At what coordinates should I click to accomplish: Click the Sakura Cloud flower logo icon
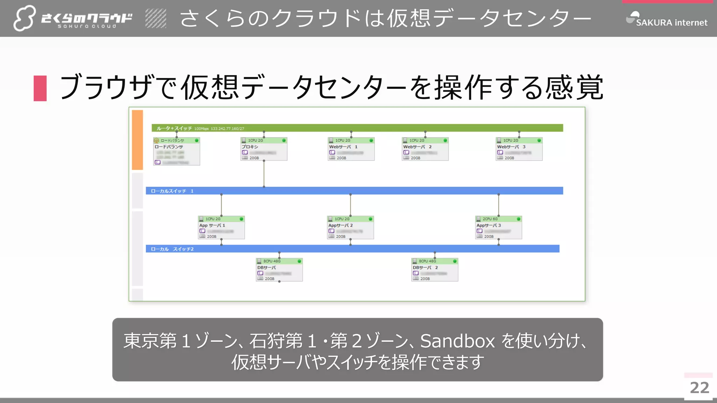pos(24,18)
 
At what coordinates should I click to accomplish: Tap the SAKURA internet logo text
pos(671,23)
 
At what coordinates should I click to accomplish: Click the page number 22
pos(699,388)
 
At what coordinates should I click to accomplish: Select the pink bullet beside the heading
pos(40,89)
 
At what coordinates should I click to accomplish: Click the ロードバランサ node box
pos(176,151)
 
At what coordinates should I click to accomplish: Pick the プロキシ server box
pos(264,149)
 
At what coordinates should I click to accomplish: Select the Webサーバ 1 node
pos(351,149)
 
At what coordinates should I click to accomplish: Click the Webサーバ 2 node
pos(425,149)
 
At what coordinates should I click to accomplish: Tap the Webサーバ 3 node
pos(519,149)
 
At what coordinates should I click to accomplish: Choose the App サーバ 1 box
pos(221,227)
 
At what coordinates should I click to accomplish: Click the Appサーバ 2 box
pos(350,227)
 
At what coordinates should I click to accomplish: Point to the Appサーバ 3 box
pos(498,227)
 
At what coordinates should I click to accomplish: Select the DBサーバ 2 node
pos(434,270)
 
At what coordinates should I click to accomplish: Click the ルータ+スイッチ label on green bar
pos(174,128)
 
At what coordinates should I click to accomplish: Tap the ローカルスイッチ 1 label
pos(172,191)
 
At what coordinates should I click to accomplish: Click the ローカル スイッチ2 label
pos(172,249)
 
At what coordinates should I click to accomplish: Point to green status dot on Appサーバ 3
pos(518,219)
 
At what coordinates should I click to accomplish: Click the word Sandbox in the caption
pos(457,341)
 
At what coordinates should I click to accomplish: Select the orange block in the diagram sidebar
pos(137,140)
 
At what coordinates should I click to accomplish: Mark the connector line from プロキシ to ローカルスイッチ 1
pos(264,174)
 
